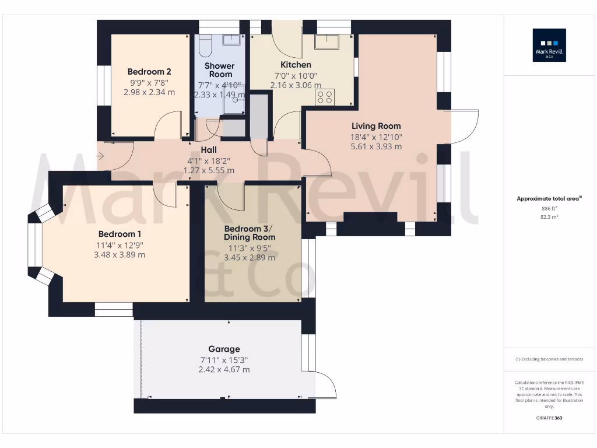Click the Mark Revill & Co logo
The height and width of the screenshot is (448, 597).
[x=549, y=45]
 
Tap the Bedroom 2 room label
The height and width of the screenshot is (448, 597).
[x=149, y=72]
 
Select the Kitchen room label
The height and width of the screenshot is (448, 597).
[x=296, y=65]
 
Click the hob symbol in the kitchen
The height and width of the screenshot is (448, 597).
[x=325, y=97]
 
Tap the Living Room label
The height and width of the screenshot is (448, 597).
[x=376, y=126]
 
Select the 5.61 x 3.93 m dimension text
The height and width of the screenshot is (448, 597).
[x=376, y=146]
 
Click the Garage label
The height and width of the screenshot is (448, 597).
[x=224, y=349]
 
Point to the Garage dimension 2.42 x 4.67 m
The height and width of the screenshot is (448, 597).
[x=224, y=369]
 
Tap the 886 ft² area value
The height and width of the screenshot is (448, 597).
[x=549, y=208]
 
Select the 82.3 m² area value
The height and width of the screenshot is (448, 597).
[x=549, y=216]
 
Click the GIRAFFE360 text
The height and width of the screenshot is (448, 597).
[x=549, y=418]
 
